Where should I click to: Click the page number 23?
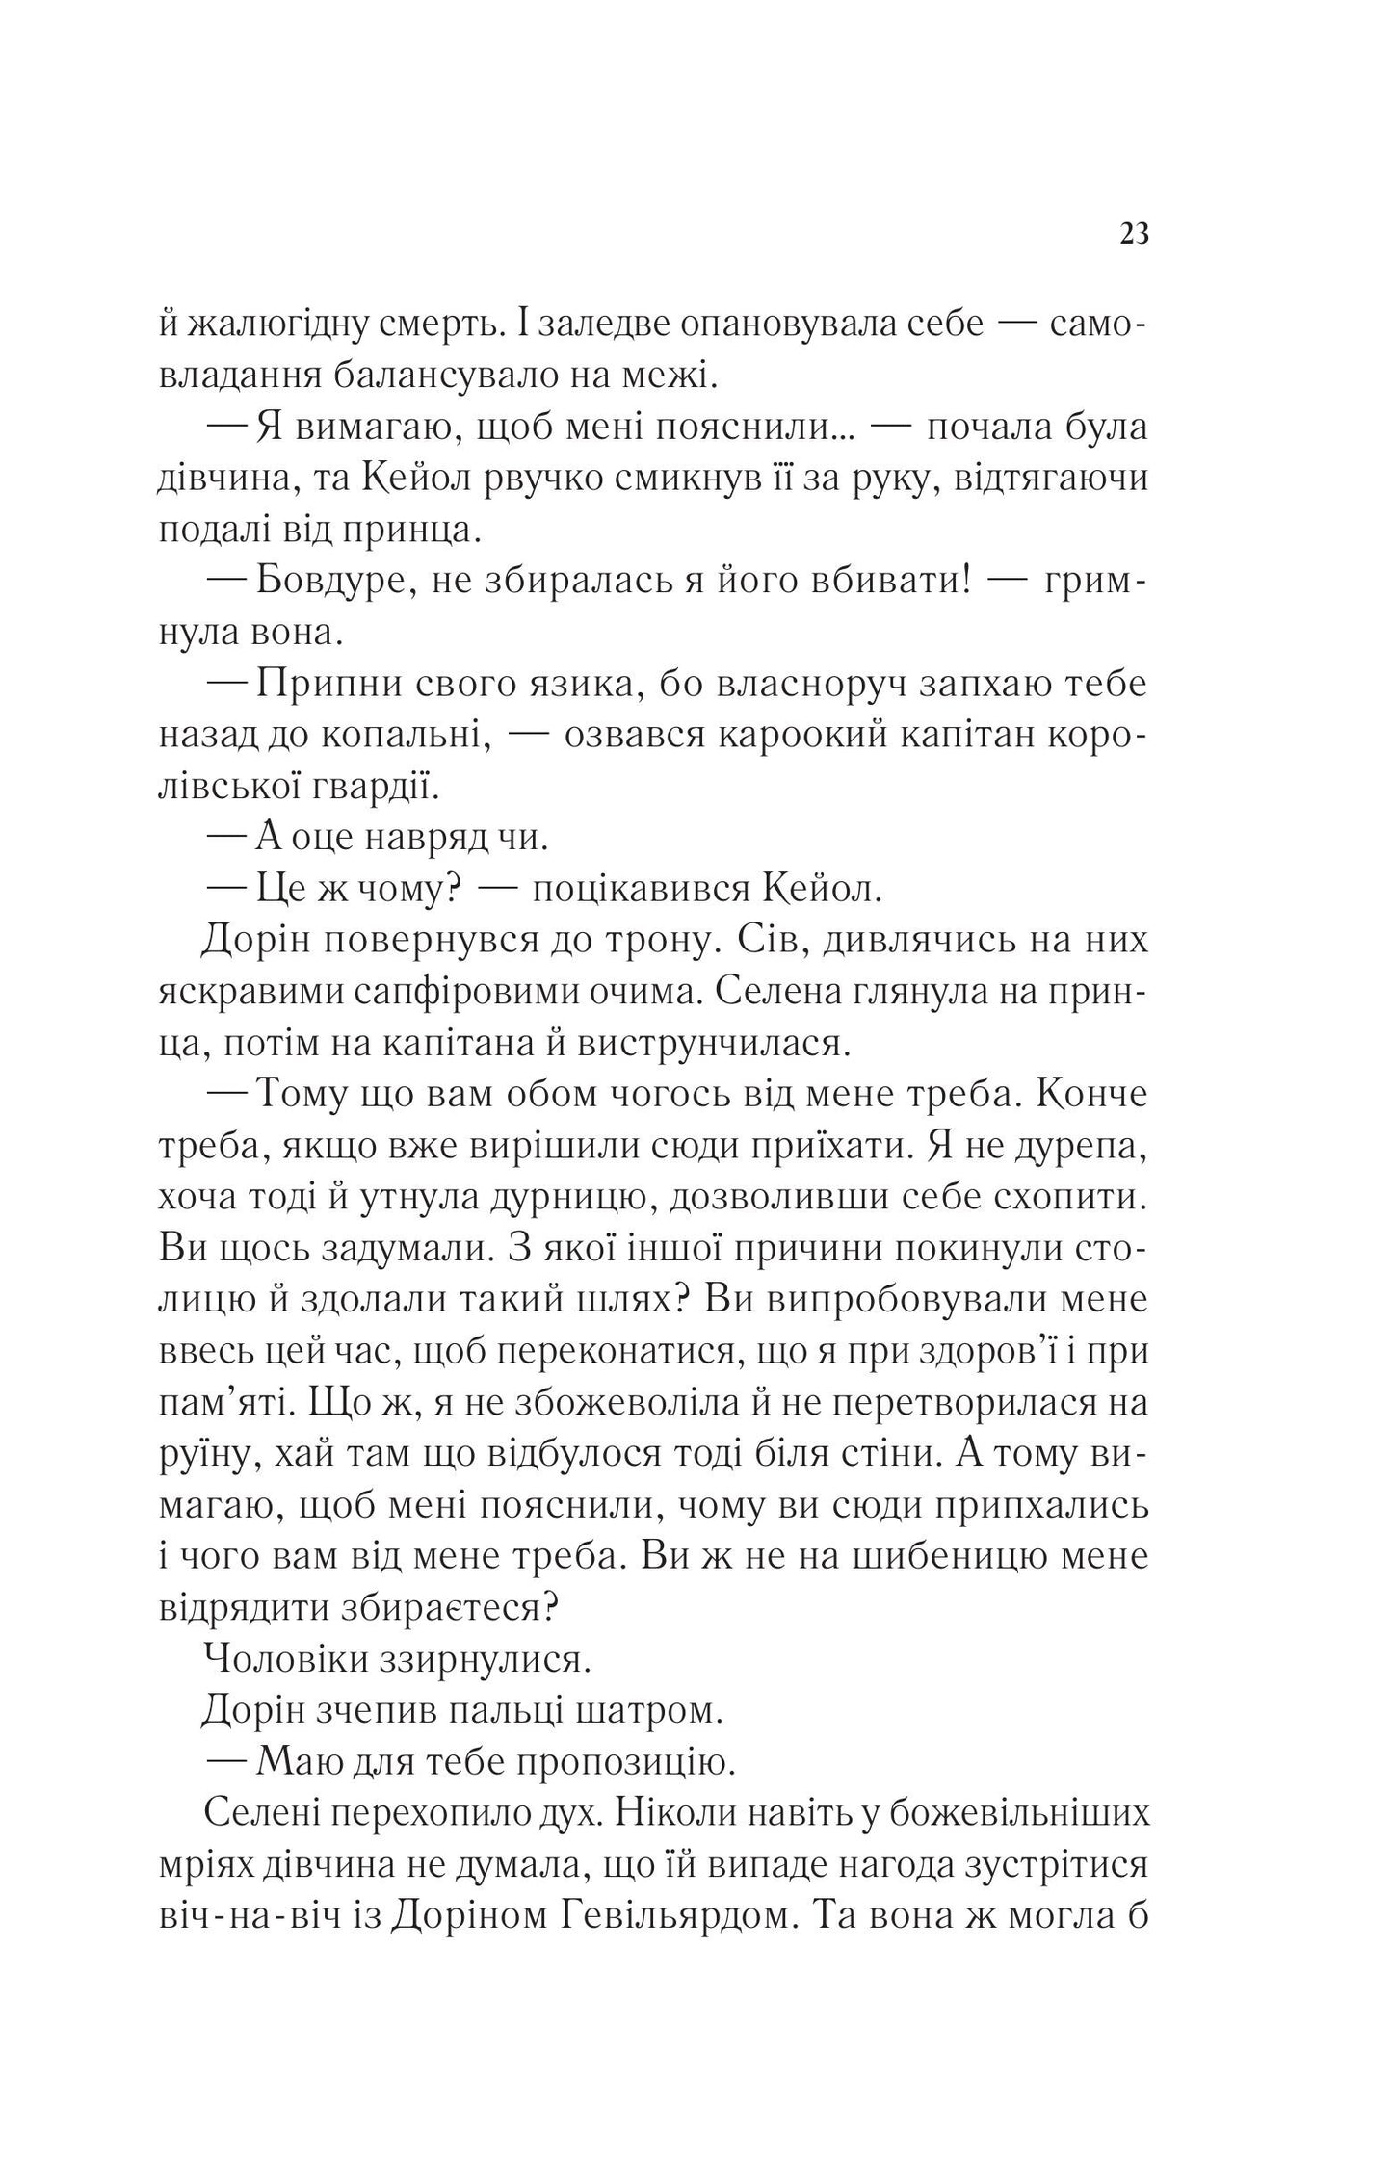1135,234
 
